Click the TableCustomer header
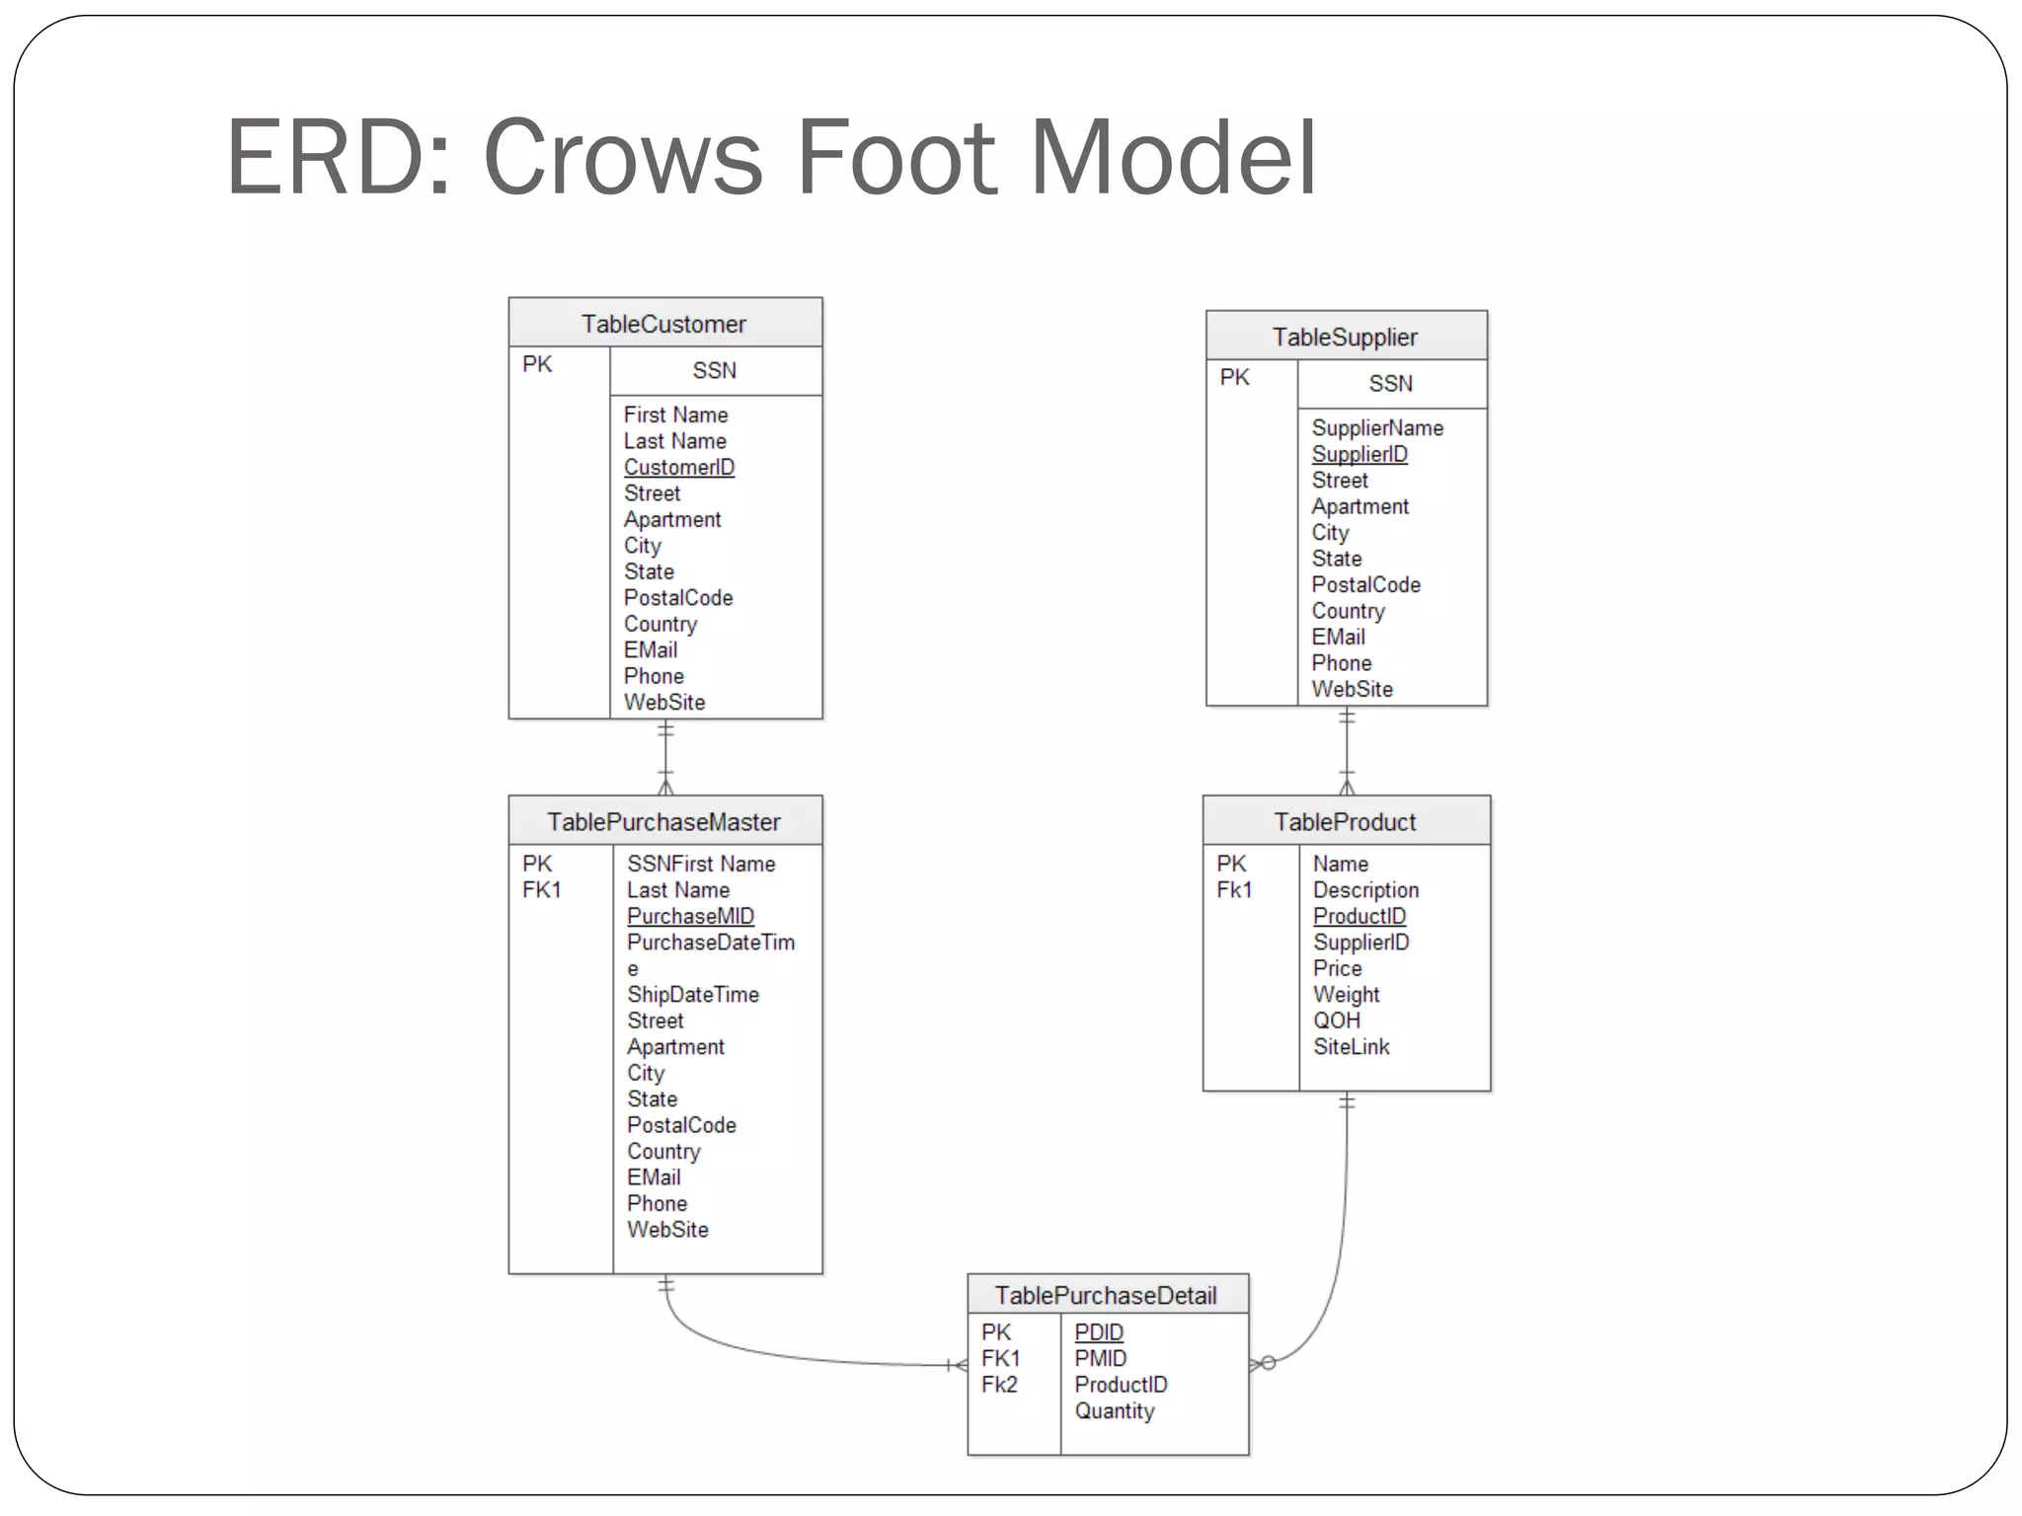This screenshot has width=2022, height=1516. (x=663, y=324)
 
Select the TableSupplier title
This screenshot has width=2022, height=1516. (x=1345, y=337)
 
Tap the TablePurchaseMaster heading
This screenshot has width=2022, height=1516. (x=663, y=821)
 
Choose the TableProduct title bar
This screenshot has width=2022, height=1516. (x=1345, y=821)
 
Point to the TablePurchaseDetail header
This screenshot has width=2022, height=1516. (x=1106, y=1295)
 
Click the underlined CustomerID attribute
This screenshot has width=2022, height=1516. (x=679, y=467)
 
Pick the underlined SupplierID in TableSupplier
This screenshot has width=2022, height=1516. (x=1360, y=454)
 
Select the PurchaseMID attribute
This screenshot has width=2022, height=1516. (x=690, y=916)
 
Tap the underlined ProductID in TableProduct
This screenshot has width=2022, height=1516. (x=1360, y=916)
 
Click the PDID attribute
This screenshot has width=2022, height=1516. (x=1099, y=1332)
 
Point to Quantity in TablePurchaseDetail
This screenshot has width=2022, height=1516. (x=1115, y=1410)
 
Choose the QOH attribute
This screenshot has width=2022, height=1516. (x=1337, y=1021)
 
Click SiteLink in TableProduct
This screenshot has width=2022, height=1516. (x=1352, y=1046)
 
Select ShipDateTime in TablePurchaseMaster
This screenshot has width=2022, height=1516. (x=693, y=994)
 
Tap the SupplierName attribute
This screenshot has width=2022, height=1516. (x=1377, y=427)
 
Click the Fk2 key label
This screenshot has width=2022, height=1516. (x=999, y=1385)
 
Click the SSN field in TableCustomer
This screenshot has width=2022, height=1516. (x=714, y=370)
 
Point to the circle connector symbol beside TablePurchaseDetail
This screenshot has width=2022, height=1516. (x=1269, y=1363)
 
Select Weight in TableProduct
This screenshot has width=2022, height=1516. (x=1347, y=994)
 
